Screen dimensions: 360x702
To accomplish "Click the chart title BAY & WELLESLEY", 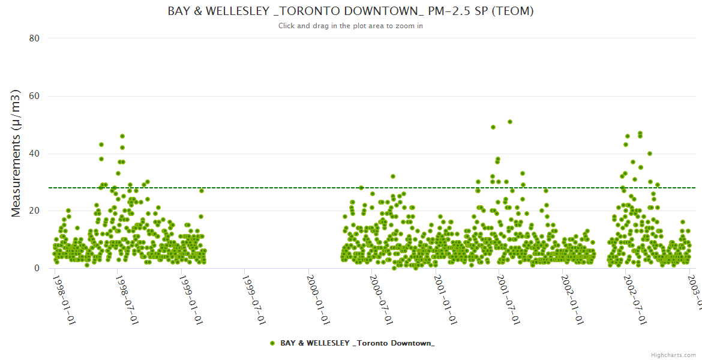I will click(x=351, y=11).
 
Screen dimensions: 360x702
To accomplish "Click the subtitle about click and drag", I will click(x=350, y=26).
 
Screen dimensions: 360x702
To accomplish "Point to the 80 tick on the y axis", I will click(x=34, y=38).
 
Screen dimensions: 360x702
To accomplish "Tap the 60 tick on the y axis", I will click(x=34, y=96).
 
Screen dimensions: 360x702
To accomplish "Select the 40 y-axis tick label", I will click(x=34, y=154).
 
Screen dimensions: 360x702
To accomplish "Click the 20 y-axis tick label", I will click(x=34, y=211).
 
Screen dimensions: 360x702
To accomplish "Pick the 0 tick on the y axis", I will click(x=37, y=268).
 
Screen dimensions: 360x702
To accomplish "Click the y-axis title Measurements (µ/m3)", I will click(x=16, y=153).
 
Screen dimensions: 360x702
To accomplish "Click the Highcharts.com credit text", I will click(x=673, y=355).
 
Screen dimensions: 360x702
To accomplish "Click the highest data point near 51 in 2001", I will click(x=510, y=122).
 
